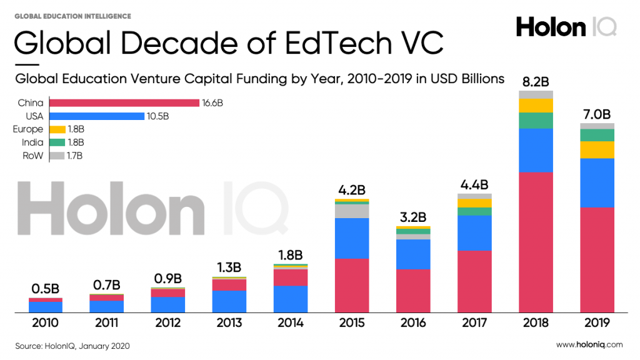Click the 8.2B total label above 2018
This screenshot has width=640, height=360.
point(535,81)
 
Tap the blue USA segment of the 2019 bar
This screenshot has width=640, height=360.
point(597,182)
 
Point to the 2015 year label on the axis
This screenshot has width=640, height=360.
point(352,323)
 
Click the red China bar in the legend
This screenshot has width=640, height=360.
point(124,102)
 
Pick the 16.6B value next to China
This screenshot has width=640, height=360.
point(212,102)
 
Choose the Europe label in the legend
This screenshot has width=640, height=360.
point(28,129)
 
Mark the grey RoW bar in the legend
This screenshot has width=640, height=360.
point(57,156)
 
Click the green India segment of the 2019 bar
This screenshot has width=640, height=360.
point(597,135)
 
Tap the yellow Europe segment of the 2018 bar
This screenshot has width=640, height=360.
point(536,105)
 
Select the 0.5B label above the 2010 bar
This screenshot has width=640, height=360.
point(46,289)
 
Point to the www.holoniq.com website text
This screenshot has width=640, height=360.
point(589,344)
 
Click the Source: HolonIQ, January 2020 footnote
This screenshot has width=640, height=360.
point(72,345)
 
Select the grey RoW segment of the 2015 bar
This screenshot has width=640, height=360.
point(352,211)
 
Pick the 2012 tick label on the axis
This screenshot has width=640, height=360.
point(168,323)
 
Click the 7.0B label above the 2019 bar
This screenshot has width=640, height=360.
point(597,114)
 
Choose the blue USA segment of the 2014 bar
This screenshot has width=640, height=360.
point(291,299)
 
